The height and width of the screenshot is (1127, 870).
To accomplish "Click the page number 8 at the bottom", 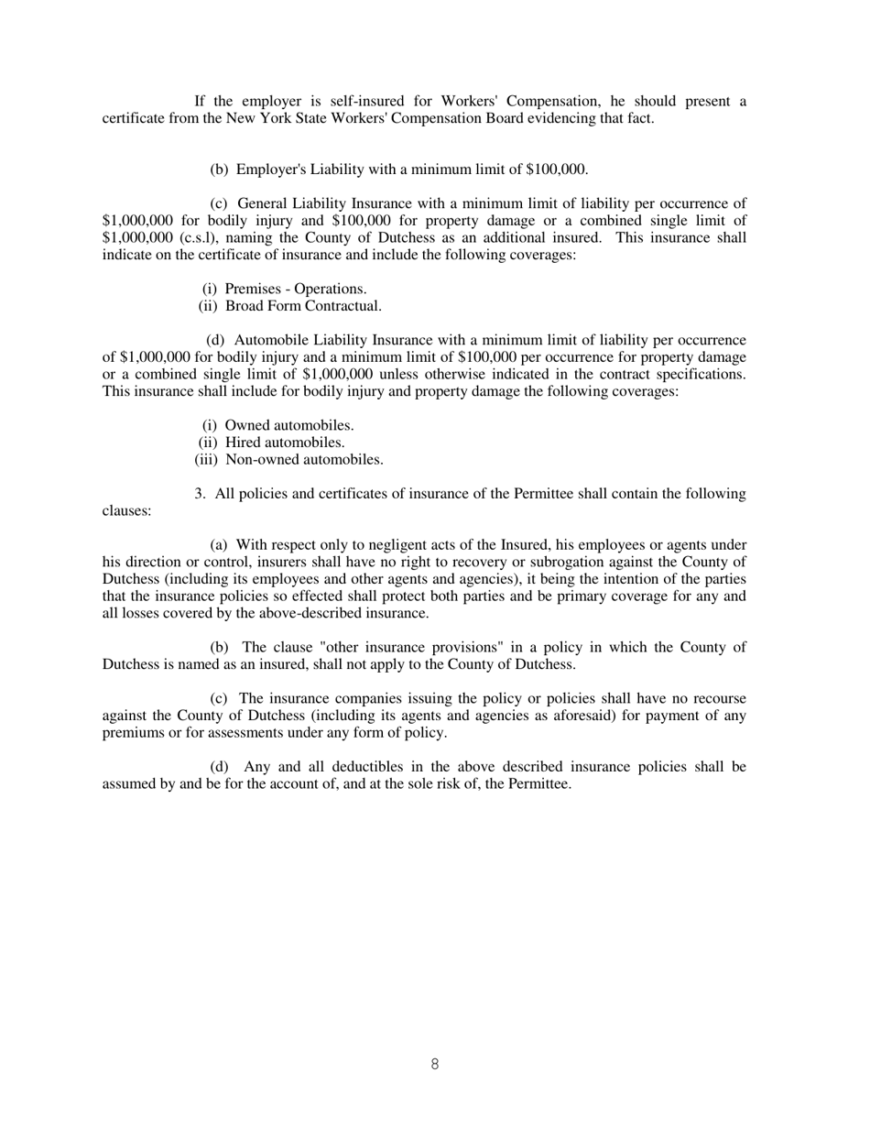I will [x=434, y=1064].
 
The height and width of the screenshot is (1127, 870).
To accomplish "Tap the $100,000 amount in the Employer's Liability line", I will [x=556, y=170].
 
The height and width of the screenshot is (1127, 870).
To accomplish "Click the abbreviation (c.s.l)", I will [x=194, y=237].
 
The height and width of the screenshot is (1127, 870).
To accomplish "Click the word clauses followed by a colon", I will [x=126, y=511].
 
